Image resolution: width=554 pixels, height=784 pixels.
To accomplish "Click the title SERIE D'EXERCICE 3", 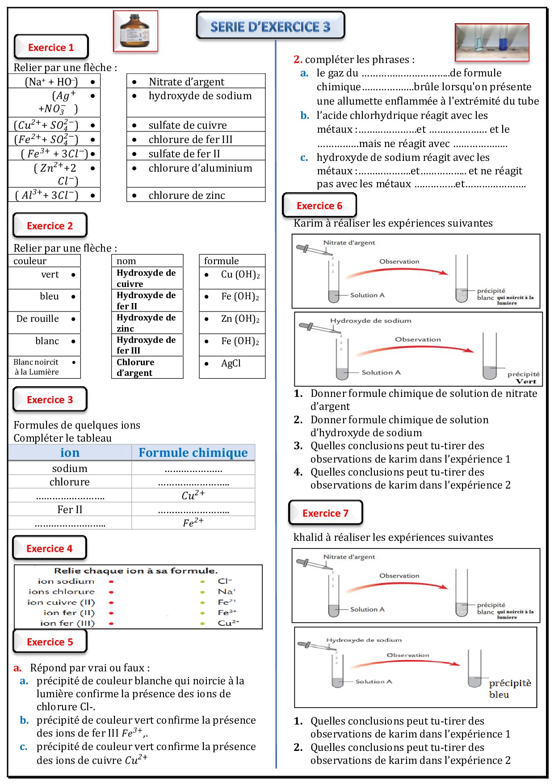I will (270, 27).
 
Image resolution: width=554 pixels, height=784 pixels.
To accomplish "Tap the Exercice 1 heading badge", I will (51, 47).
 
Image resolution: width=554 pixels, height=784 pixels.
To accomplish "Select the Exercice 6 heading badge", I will (319, 206).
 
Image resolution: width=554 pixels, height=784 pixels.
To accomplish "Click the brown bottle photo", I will (135, 31).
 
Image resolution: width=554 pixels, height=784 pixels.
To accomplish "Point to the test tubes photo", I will (492, 42).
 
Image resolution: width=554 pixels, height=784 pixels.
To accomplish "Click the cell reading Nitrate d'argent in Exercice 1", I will (196, 81).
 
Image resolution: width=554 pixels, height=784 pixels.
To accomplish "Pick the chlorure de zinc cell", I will (196, 195).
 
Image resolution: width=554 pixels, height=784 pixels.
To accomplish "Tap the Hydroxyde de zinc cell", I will (147, 323).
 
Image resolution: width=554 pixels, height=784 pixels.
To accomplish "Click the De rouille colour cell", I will (44, 319).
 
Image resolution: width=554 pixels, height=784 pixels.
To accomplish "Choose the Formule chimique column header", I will (193, 453).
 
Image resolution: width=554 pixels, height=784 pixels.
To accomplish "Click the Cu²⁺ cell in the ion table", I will (193, 495).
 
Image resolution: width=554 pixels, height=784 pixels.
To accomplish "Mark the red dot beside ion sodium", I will (111, 582).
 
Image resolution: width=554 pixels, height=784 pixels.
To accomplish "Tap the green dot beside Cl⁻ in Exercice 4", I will (203, 582).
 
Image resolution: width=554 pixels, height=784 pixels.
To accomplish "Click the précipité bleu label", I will (510, 689).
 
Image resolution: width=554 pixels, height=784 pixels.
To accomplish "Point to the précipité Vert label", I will (524, 378).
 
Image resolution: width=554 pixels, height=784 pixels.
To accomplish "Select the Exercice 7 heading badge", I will (325, 513).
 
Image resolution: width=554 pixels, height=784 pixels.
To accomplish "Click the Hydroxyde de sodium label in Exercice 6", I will (370, 320).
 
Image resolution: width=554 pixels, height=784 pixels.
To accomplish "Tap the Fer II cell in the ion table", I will (70, 510).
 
